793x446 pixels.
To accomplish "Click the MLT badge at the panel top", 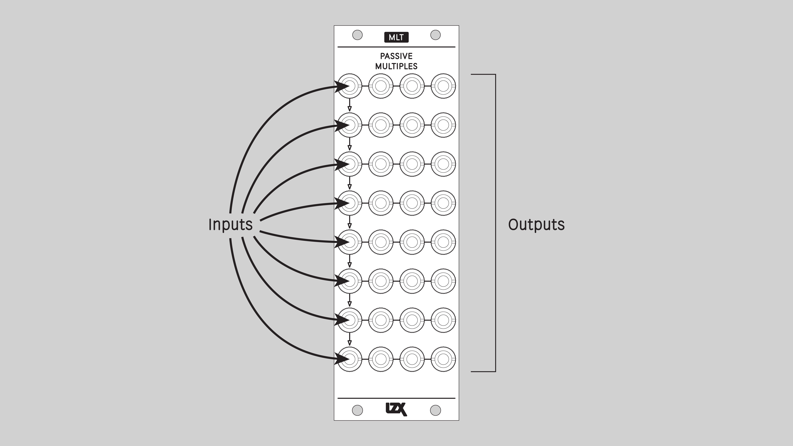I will tap(396, 37).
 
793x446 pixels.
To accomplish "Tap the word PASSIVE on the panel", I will tap(396, 56).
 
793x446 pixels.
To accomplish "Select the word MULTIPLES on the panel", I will tap(396, 66).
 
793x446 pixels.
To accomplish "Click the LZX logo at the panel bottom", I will tap(396, 409).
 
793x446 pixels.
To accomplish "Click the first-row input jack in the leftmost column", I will tap(350, 86).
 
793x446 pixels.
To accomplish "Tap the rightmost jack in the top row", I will tap(443, 86).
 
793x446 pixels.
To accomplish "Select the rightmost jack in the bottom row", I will tap(443, 359).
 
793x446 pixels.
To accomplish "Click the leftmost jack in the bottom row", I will tap(350, 359).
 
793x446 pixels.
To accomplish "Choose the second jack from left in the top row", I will tap(381, 86).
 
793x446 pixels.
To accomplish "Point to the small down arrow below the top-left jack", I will tap(350, 108).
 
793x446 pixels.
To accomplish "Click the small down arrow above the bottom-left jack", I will tap(350, 343).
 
